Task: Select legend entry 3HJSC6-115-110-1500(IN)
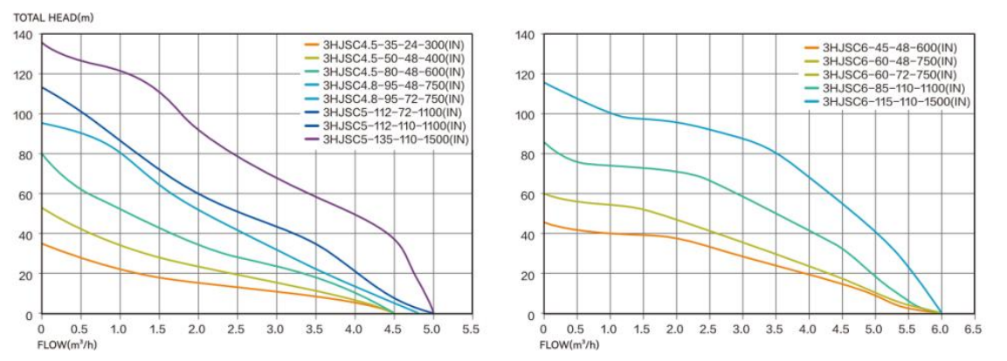pos(888,101)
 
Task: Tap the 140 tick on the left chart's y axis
pos(23,35)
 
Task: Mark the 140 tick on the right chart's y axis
pos(525,35)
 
